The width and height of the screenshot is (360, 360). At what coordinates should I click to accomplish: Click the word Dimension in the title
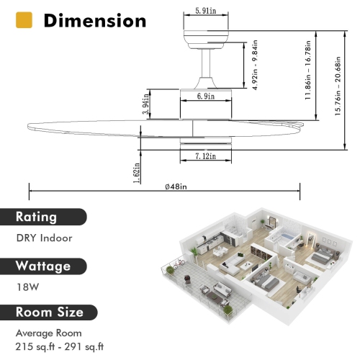pos(94,20)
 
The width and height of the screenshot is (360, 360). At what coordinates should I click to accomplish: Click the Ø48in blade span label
pos(176,186)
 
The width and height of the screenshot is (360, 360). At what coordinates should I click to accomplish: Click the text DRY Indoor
pos(44,238)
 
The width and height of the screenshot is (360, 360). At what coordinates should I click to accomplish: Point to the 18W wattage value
pos(25,287)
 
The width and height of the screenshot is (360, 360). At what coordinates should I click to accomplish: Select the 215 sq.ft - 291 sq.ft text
pos(59,347)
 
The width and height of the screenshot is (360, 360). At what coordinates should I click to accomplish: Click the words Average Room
pos(49,334)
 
